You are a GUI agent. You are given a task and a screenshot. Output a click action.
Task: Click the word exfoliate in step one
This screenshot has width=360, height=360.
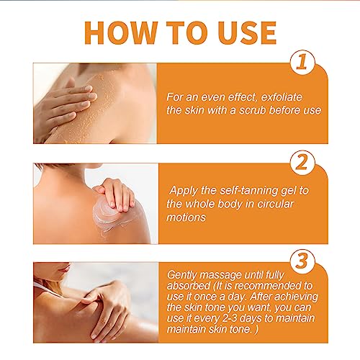[284, 96]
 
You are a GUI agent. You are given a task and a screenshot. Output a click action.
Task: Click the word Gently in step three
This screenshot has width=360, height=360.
[183, 275]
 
